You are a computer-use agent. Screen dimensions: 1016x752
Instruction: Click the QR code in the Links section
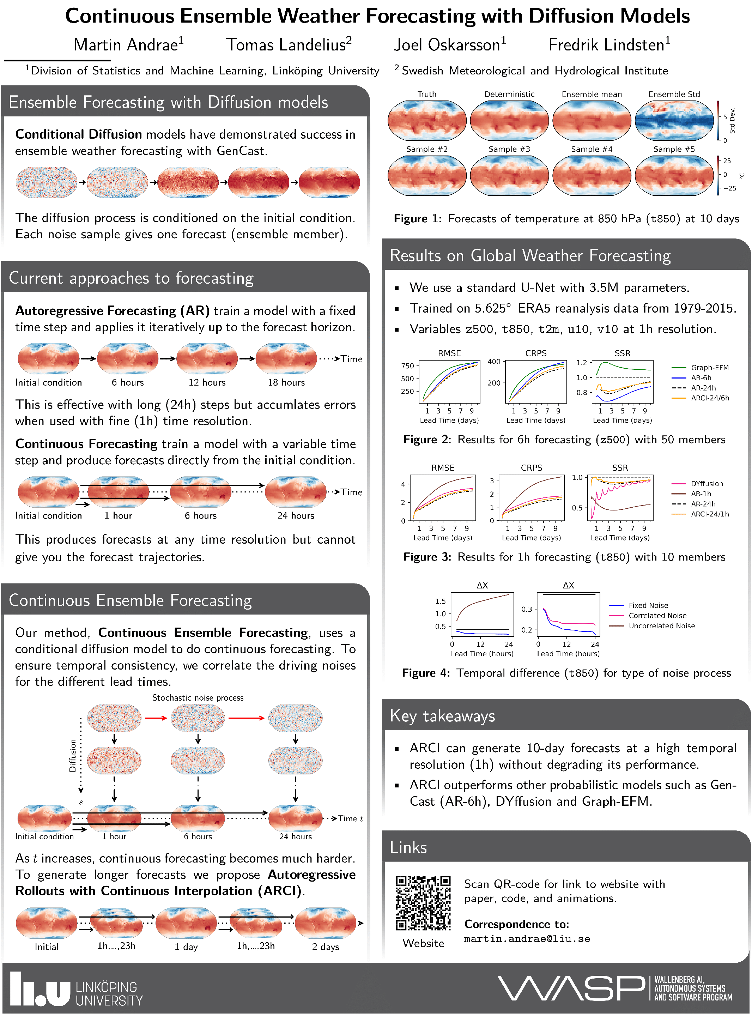click(423, 903)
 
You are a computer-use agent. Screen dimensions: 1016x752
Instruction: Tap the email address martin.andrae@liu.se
click(527, 939)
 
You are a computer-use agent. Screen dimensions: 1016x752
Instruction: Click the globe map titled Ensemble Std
click(674, 121)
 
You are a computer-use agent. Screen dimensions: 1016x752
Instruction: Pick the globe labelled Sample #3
click(509, 175)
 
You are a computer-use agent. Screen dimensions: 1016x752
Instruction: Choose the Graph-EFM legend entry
click(709, 367)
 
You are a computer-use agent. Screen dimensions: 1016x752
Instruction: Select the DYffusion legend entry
click(706, 483)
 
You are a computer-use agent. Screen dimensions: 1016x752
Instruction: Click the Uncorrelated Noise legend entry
click(661, 626)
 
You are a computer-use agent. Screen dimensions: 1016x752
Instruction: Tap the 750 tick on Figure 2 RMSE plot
click(407, 365)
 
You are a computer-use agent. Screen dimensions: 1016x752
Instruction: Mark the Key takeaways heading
click(442, 716)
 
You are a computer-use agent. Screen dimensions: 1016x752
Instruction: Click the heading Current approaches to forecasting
click(131, 278)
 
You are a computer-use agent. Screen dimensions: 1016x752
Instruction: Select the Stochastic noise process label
click(198, 697)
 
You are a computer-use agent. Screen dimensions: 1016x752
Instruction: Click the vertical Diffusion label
click(73, 755)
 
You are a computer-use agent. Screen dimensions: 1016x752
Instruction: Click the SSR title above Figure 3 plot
click(620, 467)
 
